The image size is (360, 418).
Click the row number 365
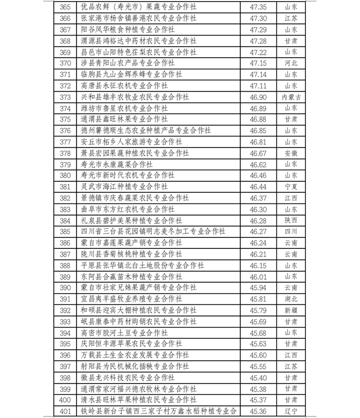[x=65, y=7]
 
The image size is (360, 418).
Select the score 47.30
[x=258, y=18]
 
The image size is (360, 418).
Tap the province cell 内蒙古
[x=291, y=97]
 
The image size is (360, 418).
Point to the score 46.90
[x=258, y=97]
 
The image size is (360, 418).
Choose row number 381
[x=65, y=187]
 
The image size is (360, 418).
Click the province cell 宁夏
[x=291, y=187]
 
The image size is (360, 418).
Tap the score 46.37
[x=258, y=198]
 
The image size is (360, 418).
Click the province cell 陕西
[x=291, y=221]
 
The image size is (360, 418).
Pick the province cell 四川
[x=291, y=232]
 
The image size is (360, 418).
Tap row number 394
[x=65, y=333]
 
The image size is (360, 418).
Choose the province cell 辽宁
[x=291, y=411]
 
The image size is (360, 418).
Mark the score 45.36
[x=258, y=411]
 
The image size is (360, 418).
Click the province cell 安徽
[x=291, y=154]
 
